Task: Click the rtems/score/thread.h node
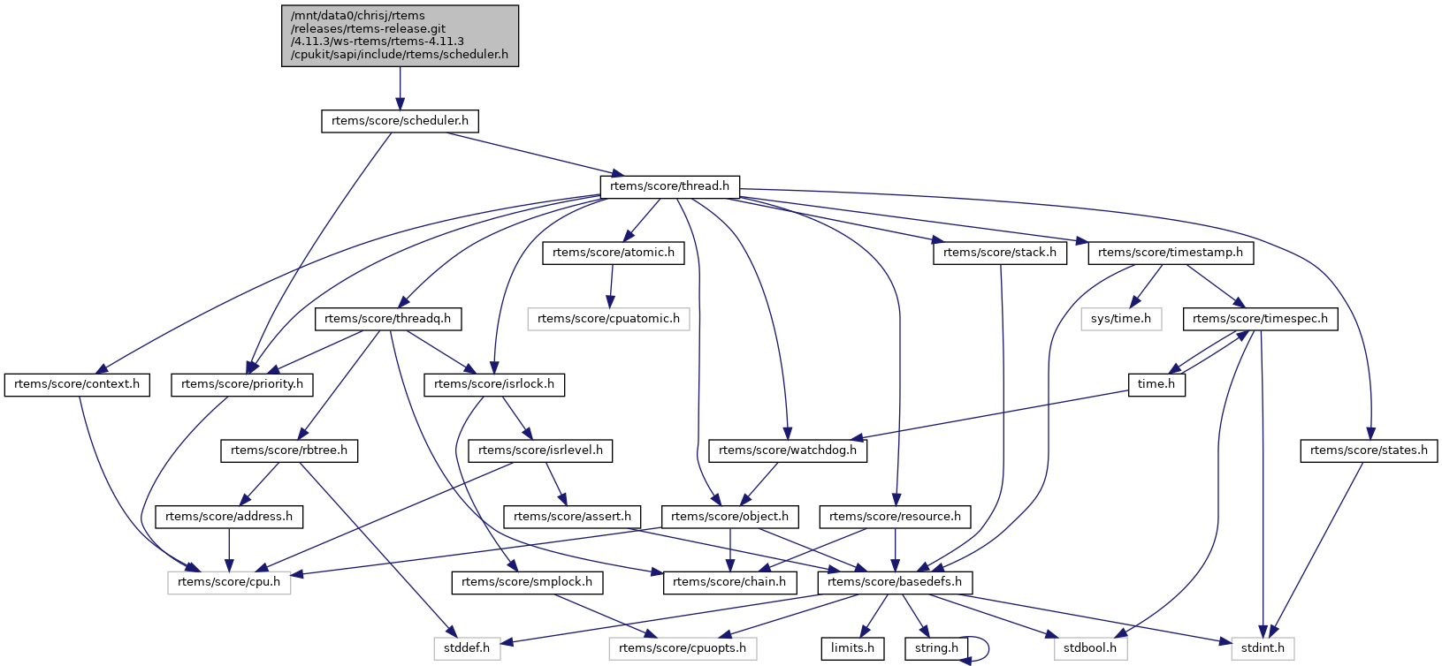point(669,186)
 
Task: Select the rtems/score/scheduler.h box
point(400,120)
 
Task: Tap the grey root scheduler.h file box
point(400,34)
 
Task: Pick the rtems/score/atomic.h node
point(613,253)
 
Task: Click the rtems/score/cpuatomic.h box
point(608,318)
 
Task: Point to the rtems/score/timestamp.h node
point(1170,253)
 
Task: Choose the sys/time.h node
point(1120,318)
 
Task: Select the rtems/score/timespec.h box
point(1260,318)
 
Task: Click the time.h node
point(1156,384)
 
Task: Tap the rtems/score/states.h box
point(1369,450)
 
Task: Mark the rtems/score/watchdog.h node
point(788,450)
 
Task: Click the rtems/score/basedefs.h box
point(896,582)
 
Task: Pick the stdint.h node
point(1263,648)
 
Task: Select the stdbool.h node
point(1089,648)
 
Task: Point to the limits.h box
point(852,648)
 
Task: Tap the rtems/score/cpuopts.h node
point(683,648)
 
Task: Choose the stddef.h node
point(467,648)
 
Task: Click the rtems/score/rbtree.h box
point(289,450)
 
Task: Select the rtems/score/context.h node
point(77,384)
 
